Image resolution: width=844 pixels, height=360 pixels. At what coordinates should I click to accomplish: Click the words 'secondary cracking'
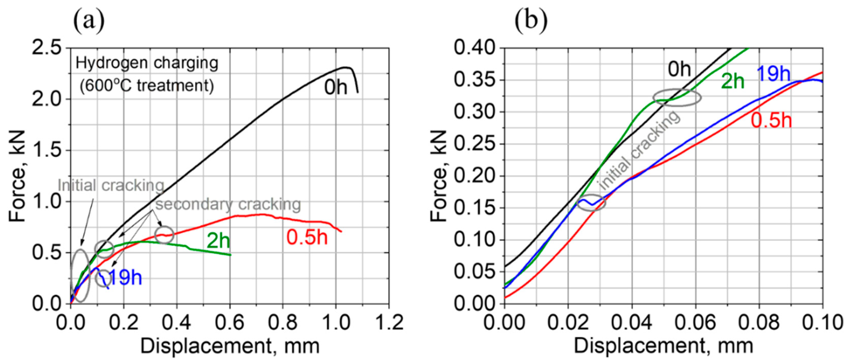point(228,204)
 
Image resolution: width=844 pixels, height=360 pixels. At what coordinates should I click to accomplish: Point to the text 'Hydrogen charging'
point(147,63)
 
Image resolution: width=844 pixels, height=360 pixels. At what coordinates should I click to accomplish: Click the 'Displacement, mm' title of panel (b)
point(663,346)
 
